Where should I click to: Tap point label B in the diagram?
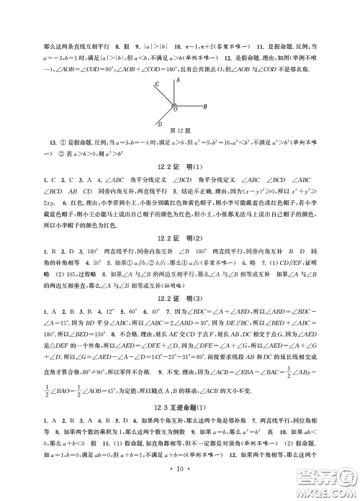click(206, 107)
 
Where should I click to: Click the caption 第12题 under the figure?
click(180, 140)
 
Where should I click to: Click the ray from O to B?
click(189, 107)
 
